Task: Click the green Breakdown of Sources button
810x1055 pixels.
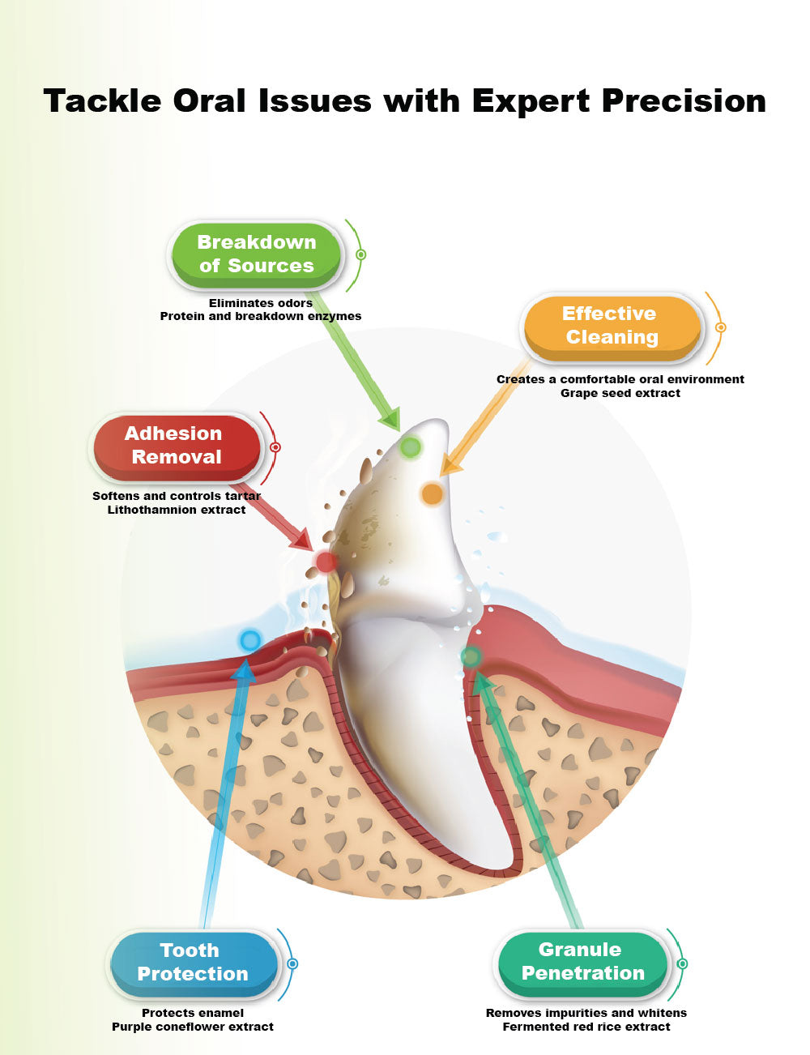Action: pyautogui.click(x=256, y=254)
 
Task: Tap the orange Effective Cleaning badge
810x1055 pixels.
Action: pyautogui.click(x=612, y=326)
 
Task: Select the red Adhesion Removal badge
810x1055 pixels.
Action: pyautogui.click(x=177, y=446)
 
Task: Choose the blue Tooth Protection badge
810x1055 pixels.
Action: pyautogui.click(x=193, y=962)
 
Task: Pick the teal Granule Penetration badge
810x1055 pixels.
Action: pyautogui.click(x=582, y=961)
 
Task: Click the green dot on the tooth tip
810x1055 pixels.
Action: pyautogui.click(x=411, y=446)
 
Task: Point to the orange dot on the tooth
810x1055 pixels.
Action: pyautogui.click(x=433, y=493)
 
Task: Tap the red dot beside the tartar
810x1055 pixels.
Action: pyautogui.click(x=326, y=562)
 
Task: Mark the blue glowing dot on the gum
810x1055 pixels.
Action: pyautogui.click(x=249, y=641)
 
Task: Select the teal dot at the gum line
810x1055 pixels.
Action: pyautogui.click(x=471, y=656)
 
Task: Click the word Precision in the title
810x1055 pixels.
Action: pyautogui.click(x=684, y=101)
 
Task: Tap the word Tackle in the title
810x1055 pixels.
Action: pyautogui.click(x=102, y=101)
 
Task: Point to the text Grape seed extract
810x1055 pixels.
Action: pyautogui.click(x=620, y=394)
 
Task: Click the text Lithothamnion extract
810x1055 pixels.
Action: pyautogui.click(x=177, y=510)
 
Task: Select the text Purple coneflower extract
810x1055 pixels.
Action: pyautogui.click(x=193, y=1027)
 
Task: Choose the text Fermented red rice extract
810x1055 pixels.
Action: pyautogui.click(x=586, y=1027)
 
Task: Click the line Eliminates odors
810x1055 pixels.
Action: pyautogui.click(x=261, y=303)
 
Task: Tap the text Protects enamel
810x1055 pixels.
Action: pyautogui.click(x=193, y=1013)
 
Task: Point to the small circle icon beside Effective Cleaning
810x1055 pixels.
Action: pyautogui.click(x=720, y=327)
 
